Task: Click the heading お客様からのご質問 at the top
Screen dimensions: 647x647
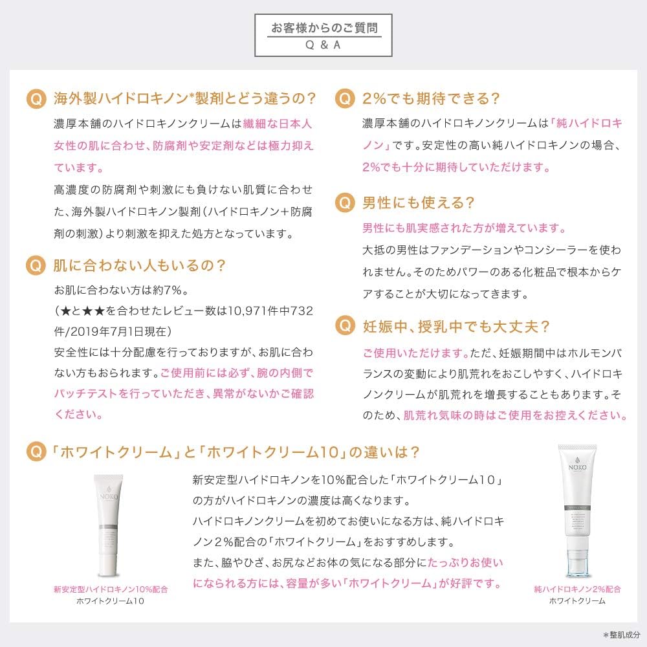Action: click(323, 28)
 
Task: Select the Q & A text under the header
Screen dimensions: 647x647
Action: click(323, 46)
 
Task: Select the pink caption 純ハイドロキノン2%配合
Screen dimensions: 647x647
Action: click(577, 589)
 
